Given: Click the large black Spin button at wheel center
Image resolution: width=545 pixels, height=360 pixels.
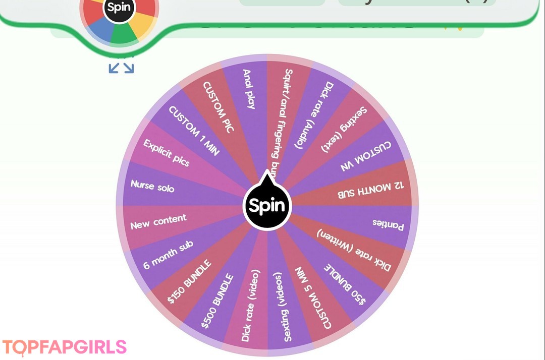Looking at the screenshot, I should (267, 206).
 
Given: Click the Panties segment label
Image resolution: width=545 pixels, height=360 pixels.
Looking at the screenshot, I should (388, 224).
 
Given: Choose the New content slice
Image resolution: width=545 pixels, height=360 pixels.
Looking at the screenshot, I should (158, 221).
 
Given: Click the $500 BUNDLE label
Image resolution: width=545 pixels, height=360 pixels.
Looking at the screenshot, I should (217, 302).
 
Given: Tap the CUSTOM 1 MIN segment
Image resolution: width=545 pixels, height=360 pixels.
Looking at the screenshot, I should (194, 131).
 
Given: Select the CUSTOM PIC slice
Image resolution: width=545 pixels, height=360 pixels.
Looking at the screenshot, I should (219, 107).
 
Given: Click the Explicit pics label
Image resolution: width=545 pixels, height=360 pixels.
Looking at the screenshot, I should (167, 153).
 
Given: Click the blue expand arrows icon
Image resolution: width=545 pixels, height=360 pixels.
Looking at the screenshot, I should (121, 67).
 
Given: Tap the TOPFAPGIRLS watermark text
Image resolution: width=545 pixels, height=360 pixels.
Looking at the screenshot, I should (64, 347).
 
